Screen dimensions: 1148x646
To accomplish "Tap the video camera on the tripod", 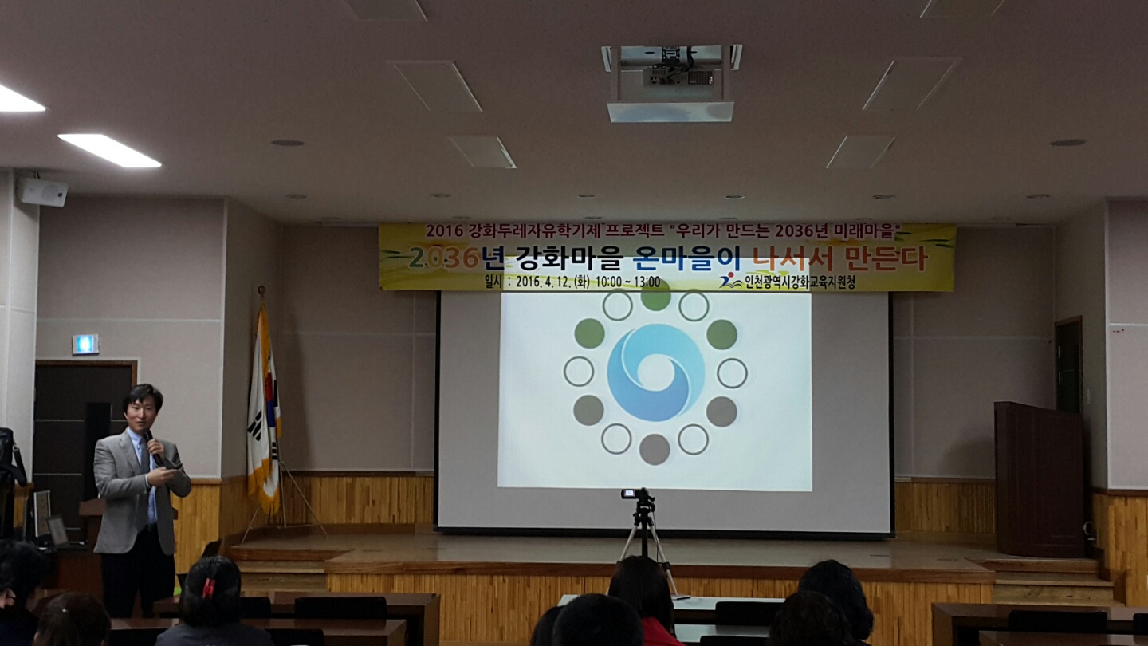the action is (x=637, y=494).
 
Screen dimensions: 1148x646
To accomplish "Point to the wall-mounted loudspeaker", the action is (x=42, y=191).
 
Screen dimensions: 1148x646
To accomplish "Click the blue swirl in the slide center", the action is (x=655, y=372).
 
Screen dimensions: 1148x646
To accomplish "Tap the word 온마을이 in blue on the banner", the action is (x=686, y=259).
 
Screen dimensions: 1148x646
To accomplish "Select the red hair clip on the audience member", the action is (x=208, y=589).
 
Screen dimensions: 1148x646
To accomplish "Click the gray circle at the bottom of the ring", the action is (x=655, y=450).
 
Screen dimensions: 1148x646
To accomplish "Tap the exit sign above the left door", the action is (x=85, y=344).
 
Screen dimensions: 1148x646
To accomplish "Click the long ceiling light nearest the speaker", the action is (x=109, y=150).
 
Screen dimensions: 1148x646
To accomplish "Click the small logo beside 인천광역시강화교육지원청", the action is (x=729, y=281).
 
